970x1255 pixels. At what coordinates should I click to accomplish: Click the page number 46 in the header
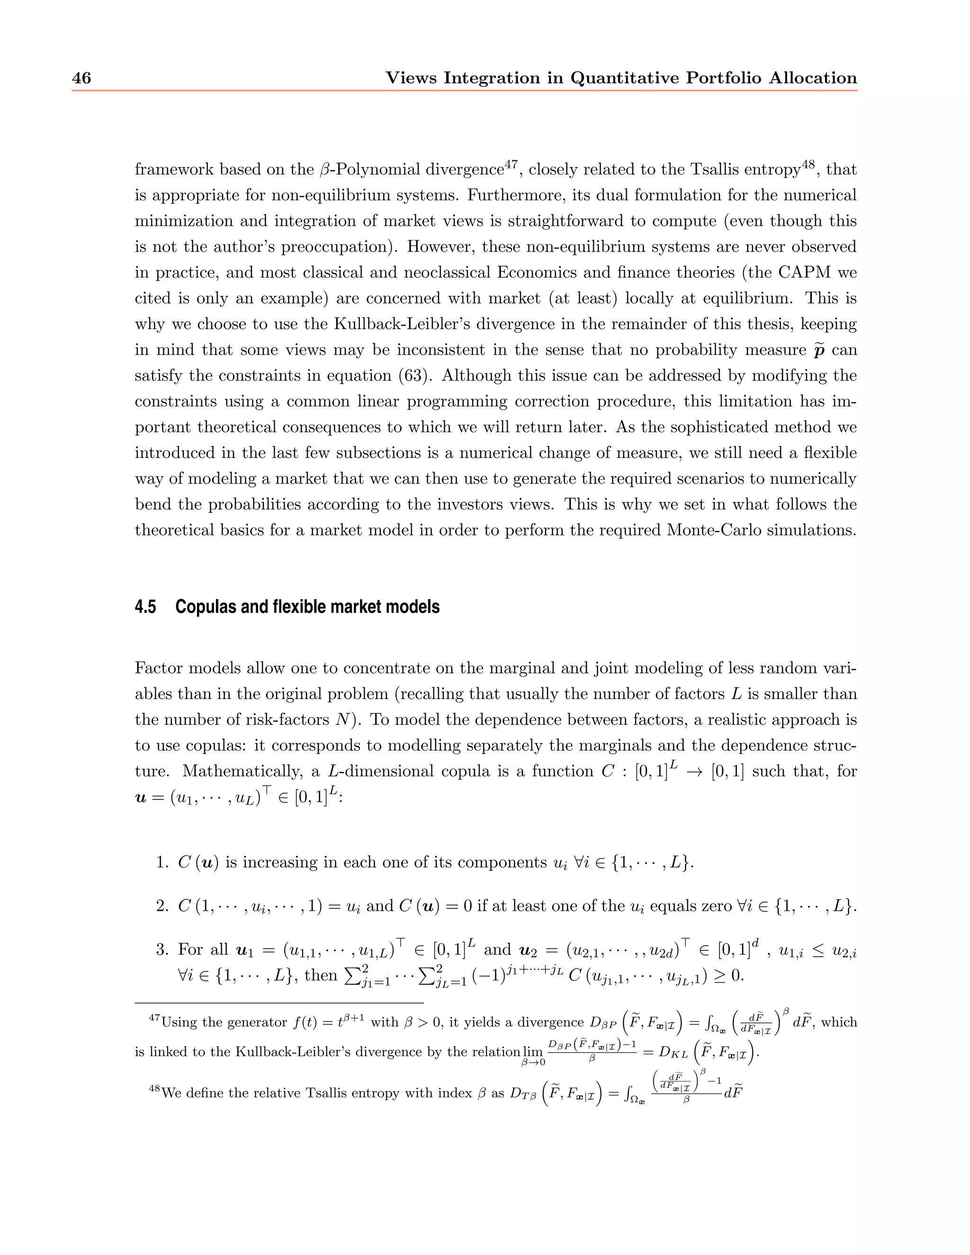point(81,78)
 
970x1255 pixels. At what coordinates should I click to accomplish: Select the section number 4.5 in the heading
point(145,607)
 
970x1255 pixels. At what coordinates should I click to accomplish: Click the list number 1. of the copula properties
point(162,862)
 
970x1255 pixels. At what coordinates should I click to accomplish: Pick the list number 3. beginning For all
point(162,949)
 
